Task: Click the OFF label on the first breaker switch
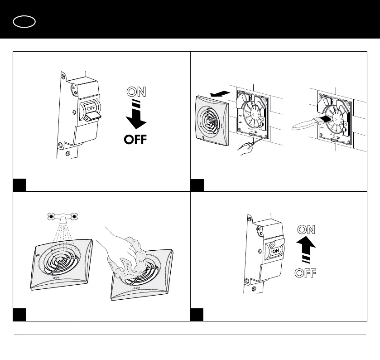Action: (91, 108)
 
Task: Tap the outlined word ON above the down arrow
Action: (136, 92)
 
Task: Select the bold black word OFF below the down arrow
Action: (136, 139)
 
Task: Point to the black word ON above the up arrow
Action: (306, 229)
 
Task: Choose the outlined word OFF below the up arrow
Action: (306, 273)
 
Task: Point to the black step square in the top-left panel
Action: (19, 185)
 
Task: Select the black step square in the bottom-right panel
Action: (197, 315)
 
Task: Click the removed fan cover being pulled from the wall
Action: (211, 117)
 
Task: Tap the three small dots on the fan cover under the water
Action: (56, 277)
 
